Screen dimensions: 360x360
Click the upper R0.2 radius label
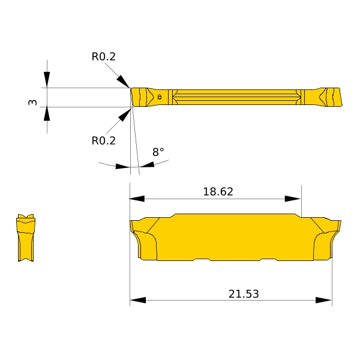click(x=104, y=57)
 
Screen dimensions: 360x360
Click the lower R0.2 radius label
click(x=104, y=141)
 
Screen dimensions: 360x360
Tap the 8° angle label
click(x=158, y=152)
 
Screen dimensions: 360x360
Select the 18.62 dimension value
click(x=218, y=192)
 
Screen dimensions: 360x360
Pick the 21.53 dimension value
click(x=244, y=294)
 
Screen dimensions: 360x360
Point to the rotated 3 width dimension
click(x=32, y=102)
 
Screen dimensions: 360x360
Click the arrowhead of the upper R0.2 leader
click(x=123, y=81)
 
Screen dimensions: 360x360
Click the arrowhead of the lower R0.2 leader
click(x=125, y=115)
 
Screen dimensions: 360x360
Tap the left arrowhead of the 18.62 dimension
click(x=137, y=199)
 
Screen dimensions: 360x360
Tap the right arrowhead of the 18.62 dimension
click(x=293, y=199)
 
